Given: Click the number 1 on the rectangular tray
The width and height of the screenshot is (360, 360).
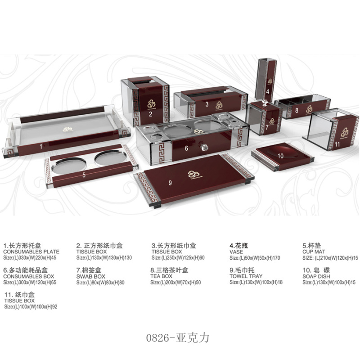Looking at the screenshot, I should pos(40,146).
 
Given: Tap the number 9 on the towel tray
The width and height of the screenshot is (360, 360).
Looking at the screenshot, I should pos(170,182).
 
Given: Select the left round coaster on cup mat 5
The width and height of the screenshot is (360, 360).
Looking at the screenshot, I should pos(65,166).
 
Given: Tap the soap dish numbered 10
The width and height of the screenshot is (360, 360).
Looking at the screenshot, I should pos(281,156).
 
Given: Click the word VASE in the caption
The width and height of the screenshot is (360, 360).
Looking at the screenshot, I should pos(236,252).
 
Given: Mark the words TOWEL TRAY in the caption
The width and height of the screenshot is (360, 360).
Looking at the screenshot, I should pos(246,276).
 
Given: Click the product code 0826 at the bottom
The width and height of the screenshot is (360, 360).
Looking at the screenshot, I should pos(158,337).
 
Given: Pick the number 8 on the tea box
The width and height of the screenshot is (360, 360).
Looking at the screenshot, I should pos(297,110).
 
